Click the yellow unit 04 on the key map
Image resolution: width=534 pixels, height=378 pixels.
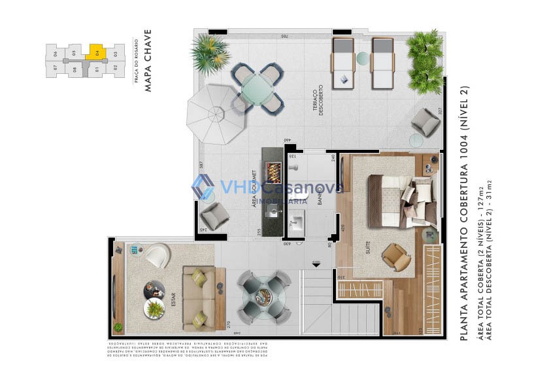tap(95, 52)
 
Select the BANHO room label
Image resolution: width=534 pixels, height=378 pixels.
tap(320, 196)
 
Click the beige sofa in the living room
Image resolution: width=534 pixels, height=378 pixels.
tap(197, 298)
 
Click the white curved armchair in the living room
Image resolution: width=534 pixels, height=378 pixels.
tap(157, 255)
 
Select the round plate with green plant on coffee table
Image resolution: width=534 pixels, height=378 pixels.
tap(155, 308)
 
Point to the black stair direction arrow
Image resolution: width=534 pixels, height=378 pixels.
tap(316, 263)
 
